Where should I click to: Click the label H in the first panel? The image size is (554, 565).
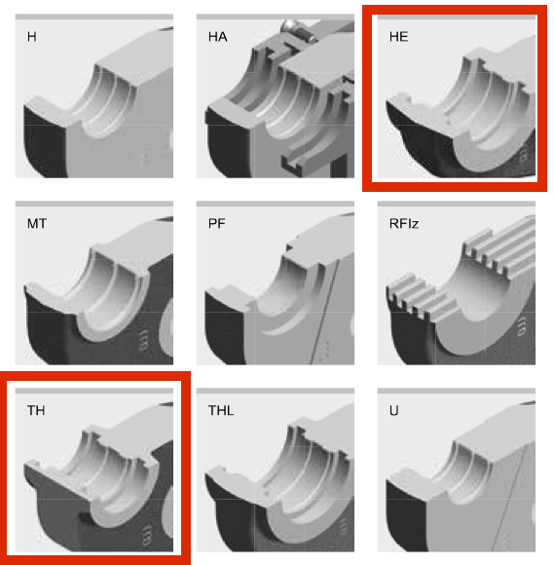coord(32,37)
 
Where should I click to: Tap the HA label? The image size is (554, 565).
coord(217,37)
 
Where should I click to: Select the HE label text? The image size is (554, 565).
coord(399,37)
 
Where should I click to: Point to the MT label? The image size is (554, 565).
coord(37,224)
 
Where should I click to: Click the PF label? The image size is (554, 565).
coord(217,224)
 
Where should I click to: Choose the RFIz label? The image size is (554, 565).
coord(404,224)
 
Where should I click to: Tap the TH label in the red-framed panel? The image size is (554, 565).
coord(36,410)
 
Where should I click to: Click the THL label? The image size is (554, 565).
coord(221,410)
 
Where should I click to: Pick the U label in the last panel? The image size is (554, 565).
coord(393,410)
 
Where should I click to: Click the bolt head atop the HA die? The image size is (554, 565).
coord(291,26)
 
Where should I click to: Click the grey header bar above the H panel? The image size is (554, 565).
coord(94,17)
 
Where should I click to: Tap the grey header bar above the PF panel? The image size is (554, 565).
coord(276,204)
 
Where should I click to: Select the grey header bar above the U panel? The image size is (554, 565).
coord(457,391)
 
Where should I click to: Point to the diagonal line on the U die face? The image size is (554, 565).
coord(509,497)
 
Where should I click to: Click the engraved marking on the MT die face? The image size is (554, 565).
coord(143,339)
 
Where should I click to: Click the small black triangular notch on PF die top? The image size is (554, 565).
coord(289,247)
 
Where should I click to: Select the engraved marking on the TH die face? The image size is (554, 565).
coord(147,536)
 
